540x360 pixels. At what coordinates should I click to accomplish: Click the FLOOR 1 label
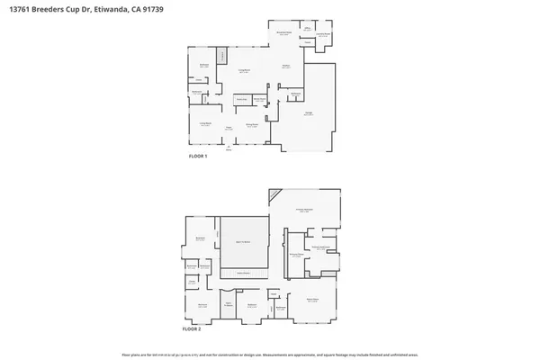click(198, 157)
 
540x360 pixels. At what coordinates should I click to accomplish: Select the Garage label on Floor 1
click(308, 114)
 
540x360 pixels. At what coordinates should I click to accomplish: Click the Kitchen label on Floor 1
click(286, 67)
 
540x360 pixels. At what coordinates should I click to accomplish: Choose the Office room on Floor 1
click(307, 29)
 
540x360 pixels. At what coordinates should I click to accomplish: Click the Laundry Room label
click(322, 35)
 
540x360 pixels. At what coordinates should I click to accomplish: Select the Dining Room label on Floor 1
click(253, 126)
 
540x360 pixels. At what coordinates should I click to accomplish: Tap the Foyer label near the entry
click(229, 129)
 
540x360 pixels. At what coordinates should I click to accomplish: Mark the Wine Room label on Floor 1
click(259, 99)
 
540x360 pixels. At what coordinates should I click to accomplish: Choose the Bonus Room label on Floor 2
click(312, 300)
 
